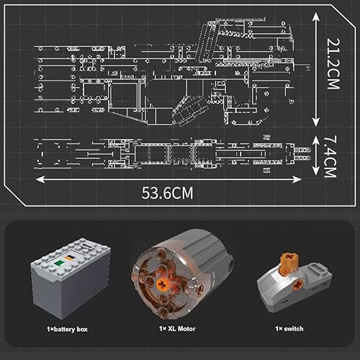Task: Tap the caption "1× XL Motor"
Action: click(180, 328)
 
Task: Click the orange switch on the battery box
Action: click(68, 260)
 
